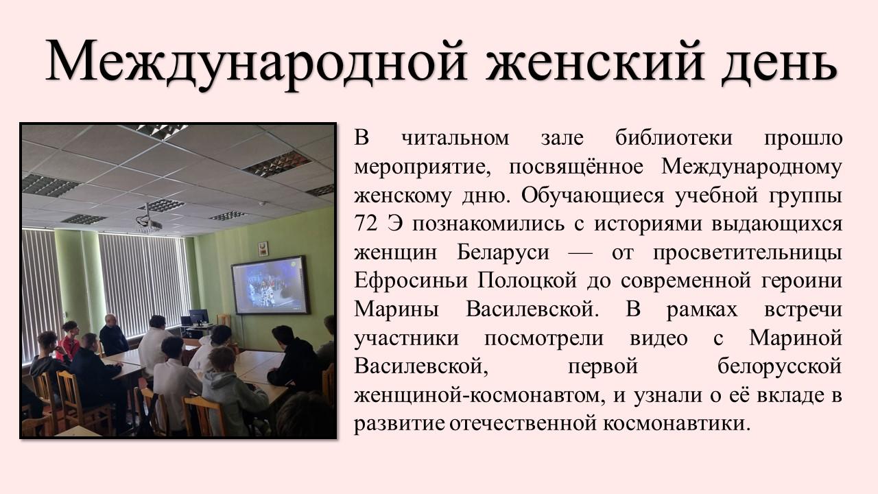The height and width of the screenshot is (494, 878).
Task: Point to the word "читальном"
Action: point(455,138)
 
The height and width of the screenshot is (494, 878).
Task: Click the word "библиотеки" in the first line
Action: point(674,138)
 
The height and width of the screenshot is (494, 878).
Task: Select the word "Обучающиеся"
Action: point(593,196)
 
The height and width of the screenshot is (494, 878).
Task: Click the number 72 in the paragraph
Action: point(366,224)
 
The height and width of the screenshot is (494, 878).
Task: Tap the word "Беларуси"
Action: point(503,252)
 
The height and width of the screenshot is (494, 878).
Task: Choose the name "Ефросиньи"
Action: point(411,281)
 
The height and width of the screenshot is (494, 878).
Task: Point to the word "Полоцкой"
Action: point(527,281)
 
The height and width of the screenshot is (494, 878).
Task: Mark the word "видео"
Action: point(658,338)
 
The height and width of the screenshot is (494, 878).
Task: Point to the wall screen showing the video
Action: point(270,285)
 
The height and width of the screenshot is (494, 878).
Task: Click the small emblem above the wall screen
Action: point(263,249)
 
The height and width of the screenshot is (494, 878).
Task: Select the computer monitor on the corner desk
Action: point(199,316)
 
